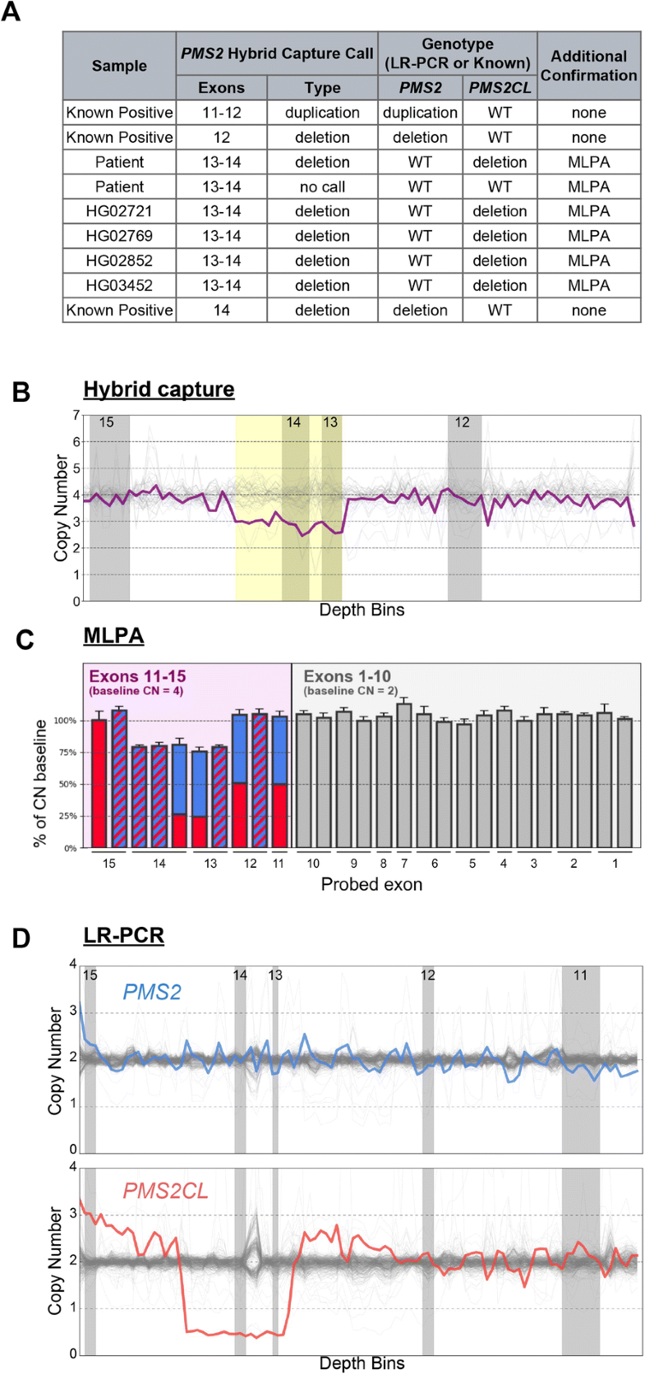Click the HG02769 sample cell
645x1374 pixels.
pos(119,236)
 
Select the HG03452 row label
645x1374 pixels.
pos(119,285)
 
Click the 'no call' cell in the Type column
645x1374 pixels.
pos(322,187)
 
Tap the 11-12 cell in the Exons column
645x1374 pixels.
pos(221,113)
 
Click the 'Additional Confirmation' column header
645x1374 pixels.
pos(588,66)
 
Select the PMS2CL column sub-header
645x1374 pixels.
pos(500,88)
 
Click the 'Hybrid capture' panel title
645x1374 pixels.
pos(159,389)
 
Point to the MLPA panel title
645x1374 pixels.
pos(113,635)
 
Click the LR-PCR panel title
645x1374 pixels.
pos(123,935)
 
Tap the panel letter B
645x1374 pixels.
pos(21,392)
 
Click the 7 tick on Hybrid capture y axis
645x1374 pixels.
pos(76,415)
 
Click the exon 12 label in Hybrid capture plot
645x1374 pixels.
pos(463,422)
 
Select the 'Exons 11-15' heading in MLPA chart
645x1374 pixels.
pos(137,676)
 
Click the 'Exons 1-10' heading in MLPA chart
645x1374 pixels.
pos(347,676)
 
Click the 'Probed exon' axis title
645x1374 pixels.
pos(371,884)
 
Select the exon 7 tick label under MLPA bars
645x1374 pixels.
pos(403,864)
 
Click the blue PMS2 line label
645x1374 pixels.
pos(152,992)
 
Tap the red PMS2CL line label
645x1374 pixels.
pos(165,1191)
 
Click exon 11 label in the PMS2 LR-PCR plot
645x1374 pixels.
pos(580,975)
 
